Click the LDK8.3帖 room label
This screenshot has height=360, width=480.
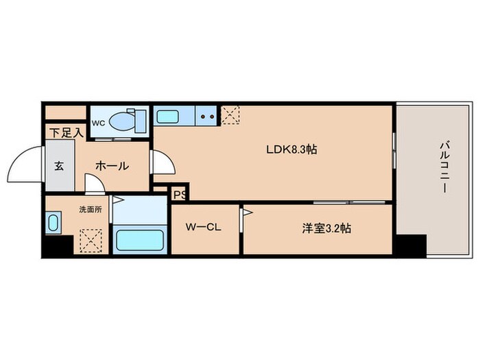tap(291, 149)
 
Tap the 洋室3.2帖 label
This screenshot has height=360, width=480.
tap(326, 228)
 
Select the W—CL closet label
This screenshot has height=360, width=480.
tap(204, 227)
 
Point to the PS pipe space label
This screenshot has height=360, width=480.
tap(180, 195)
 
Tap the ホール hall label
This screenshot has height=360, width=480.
tap(112, 166)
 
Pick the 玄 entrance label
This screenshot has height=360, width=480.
tap(60, 166)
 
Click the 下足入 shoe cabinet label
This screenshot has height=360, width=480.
tap(67, 132)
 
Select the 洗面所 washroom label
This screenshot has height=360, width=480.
tap(91, 210)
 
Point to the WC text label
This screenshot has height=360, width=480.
tap(99, 123)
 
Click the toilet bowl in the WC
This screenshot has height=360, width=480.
tap(122, 121)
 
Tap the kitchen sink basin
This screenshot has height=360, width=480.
tap(167, 117)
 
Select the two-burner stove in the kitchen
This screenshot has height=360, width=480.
tap(206, 116)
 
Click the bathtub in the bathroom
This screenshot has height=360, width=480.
tap(140, 240)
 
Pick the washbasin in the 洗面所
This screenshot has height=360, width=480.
tap(53, 223)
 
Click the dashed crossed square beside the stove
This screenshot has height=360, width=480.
tap(230, 115)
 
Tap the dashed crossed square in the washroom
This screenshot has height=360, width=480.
tap(91, 241)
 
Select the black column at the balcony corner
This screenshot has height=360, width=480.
tap(411, 245)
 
